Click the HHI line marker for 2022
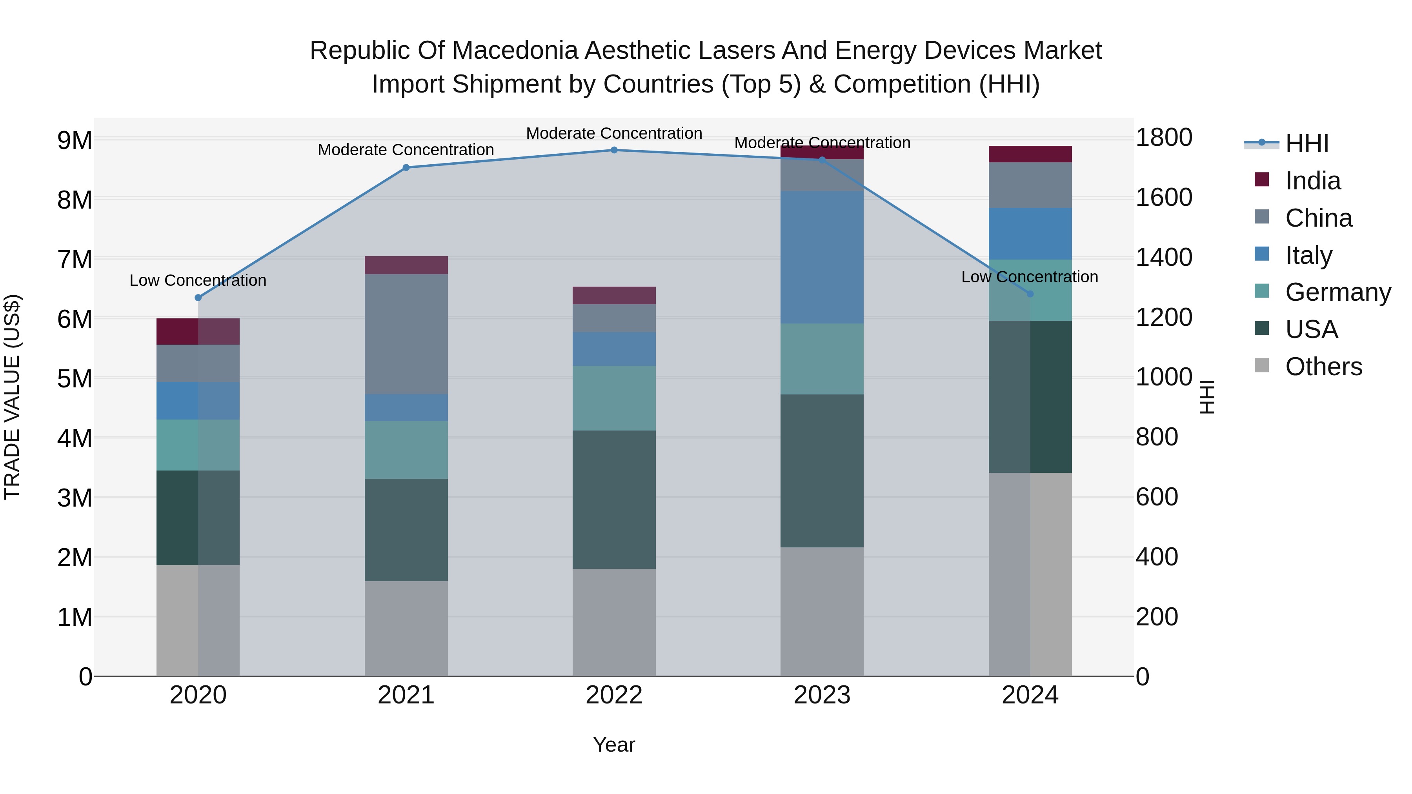click(x=614, y=150)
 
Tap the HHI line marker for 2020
click(x=198, y=298)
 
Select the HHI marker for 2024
click(x=1030, y=294)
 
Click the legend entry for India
click(x=1312, y=181)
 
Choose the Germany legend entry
click(x=1337, y=292)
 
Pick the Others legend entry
click(x=1323, y=367)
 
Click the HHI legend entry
click(x=1307, y=144)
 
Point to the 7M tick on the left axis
click(x=75, y=260)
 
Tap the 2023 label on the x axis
click(x=822, y=695)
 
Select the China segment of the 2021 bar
click(x=406, y=334)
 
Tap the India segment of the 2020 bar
click(x=198, y=331)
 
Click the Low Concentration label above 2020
click(x=198, y=281)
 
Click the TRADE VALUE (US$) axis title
click(x=12, y=397)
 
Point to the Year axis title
click(x=614, y=745)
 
